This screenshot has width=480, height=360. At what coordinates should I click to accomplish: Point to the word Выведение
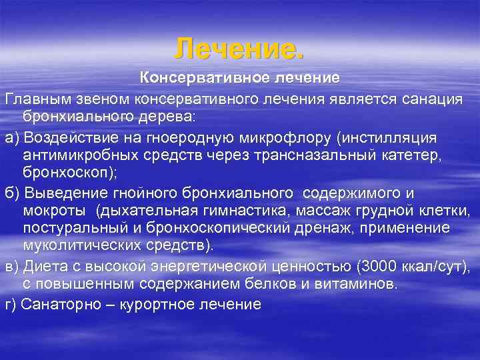pos(63,193)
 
